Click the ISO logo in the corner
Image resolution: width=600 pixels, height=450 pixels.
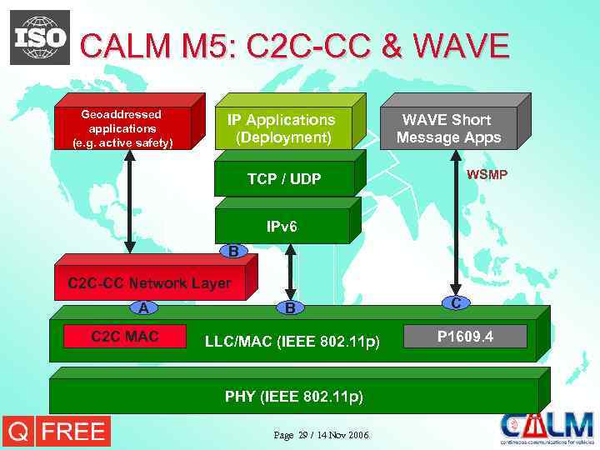click(x=39, y=37)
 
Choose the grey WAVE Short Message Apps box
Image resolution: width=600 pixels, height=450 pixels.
click(x=448, y=128)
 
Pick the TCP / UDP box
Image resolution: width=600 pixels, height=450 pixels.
click(x=283, y=178)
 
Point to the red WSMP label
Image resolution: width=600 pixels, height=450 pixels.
click(x=487, y=175)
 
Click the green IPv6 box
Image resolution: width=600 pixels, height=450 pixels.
click(x=282, y=226)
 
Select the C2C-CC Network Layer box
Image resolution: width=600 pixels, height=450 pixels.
click(x=149, y=283)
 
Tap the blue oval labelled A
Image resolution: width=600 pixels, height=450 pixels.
click(x=144, y=308)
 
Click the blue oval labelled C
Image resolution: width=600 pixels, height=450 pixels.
click(x=456, y=303)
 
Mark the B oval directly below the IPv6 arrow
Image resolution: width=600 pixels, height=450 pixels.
click(x=289, y=308)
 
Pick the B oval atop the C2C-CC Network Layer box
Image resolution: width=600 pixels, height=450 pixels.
click(x=233, y=251)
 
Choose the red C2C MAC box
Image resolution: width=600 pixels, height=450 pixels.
click(x=125, y=336)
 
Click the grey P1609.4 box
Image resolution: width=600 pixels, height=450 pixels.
click(x=465, y=336)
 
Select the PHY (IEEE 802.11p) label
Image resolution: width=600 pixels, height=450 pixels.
click(x=293, y=396)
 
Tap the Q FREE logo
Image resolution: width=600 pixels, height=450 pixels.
click(x=56, y=432)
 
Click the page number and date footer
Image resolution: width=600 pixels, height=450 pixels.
click(x=321, y=436)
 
